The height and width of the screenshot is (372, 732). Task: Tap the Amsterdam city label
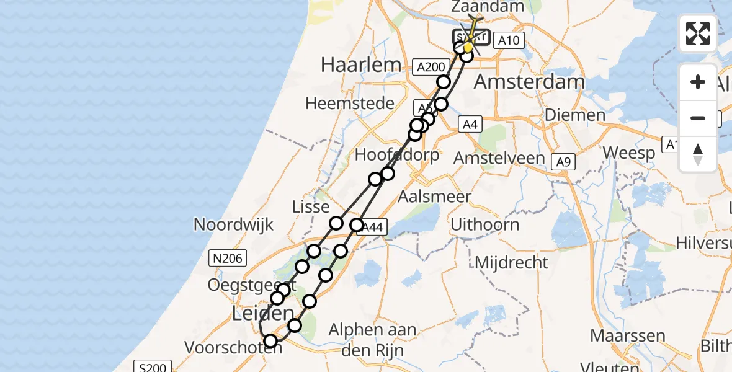pos(529,82)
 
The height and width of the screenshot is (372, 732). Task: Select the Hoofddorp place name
pos(397,155)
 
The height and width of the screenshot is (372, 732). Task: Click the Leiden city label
pos(262,313)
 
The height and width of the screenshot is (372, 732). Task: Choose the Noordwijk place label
pos(233,224)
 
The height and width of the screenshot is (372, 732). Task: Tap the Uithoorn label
pos(485,224)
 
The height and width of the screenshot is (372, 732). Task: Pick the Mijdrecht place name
pos(512,262)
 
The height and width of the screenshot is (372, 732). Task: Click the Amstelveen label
pos(499,158)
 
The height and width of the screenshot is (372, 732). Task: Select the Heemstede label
pos(350,103)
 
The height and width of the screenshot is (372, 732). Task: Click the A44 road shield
pos(372,228)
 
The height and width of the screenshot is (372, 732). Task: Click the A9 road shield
pos(563,162)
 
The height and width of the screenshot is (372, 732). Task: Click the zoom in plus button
pos(698,82)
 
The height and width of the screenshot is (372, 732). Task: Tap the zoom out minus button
pos(698,118)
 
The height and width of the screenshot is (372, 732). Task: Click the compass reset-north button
pos(698,154)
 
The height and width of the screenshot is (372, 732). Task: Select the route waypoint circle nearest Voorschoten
pos(270,340)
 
